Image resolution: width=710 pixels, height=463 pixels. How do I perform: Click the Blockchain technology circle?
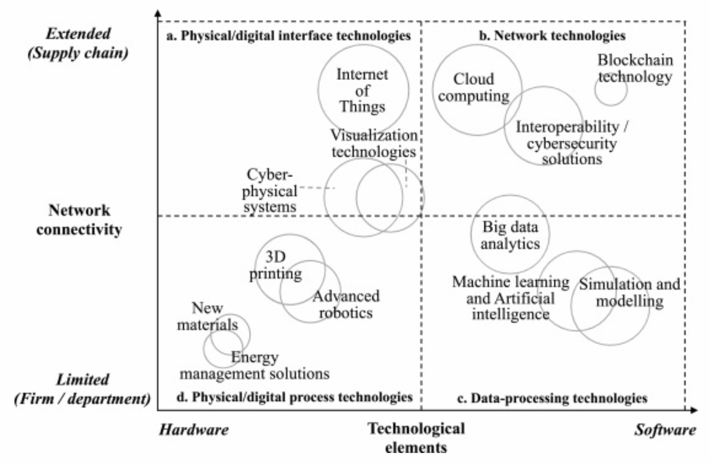point(611,90)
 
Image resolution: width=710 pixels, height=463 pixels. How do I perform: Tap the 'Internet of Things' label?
point(363,90)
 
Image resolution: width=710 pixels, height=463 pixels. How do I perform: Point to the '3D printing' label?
point(283,265)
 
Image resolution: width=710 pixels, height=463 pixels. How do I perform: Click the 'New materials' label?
point(207,316)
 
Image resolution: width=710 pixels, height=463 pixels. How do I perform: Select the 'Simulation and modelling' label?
point(629,293)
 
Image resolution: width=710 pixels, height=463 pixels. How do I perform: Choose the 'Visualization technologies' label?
point(373,143)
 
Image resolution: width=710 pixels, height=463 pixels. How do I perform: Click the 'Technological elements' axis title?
point(417,437)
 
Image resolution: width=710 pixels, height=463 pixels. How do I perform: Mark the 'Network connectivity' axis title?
point(79,220)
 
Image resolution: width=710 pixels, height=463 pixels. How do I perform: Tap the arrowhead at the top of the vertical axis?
point(159,12)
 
